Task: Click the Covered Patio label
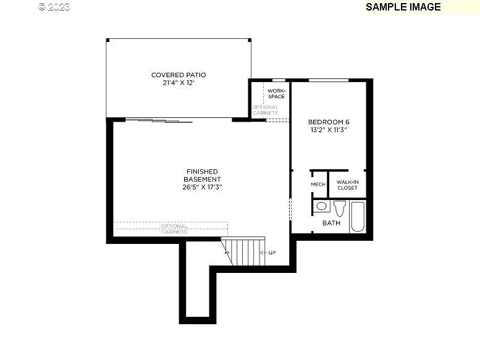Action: click(x=179, y=75)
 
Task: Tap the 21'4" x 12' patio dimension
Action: click(x=179, y=82)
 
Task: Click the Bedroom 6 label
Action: click(x=329, y=122)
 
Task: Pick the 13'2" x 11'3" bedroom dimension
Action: click(x=329, y=130)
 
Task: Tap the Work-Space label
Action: click(x=276, y=93)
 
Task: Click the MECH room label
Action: click(x=318, y=184)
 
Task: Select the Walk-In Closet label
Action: click(x=347, y=184)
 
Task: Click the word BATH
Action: click(x=331, y=223)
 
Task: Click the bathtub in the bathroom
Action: click(x=358, y=216)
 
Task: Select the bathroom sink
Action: click(x=321, y=206)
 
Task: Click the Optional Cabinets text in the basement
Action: click(x=174, y=228)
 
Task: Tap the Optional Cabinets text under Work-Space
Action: click(x=265, y=110)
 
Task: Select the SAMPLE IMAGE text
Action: click(x=403, y=7)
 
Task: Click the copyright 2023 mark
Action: click(x=54, y=7)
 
